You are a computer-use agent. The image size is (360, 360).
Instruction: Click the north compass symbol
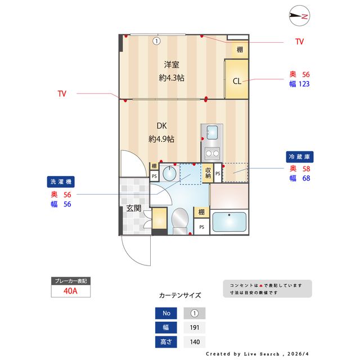[298, 17]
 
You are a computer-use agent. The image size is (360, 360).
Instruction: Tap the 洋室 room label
[172, 64]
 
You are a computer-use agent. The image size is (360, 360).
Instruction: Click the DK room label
[161, 125]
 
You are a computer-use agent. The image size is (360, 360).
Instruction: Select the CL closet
[237, 80]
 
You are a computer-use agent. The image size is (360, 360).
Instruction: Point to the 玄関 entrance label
[133, 209]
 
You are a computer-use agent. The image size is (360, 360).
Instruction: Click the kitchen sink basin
[212, 133]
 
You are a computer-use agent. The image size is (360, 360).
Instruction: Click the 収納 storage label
[208, 173]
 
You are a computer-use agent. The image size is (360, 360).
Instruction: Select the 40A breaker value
[70, 291]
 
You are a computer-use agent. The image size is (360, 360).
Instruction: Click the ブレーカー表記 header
[70, 281]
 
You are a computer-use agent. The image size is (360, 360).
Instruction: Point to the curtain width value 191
[195, 327]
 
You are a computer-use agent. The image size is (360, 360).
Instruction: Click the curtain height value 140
[195, 341]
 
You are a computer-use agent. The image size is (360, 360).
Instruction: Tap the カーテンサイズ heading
[179, 295]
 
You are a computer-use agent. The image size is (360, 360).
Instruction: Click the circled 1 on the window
[156, 40]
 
